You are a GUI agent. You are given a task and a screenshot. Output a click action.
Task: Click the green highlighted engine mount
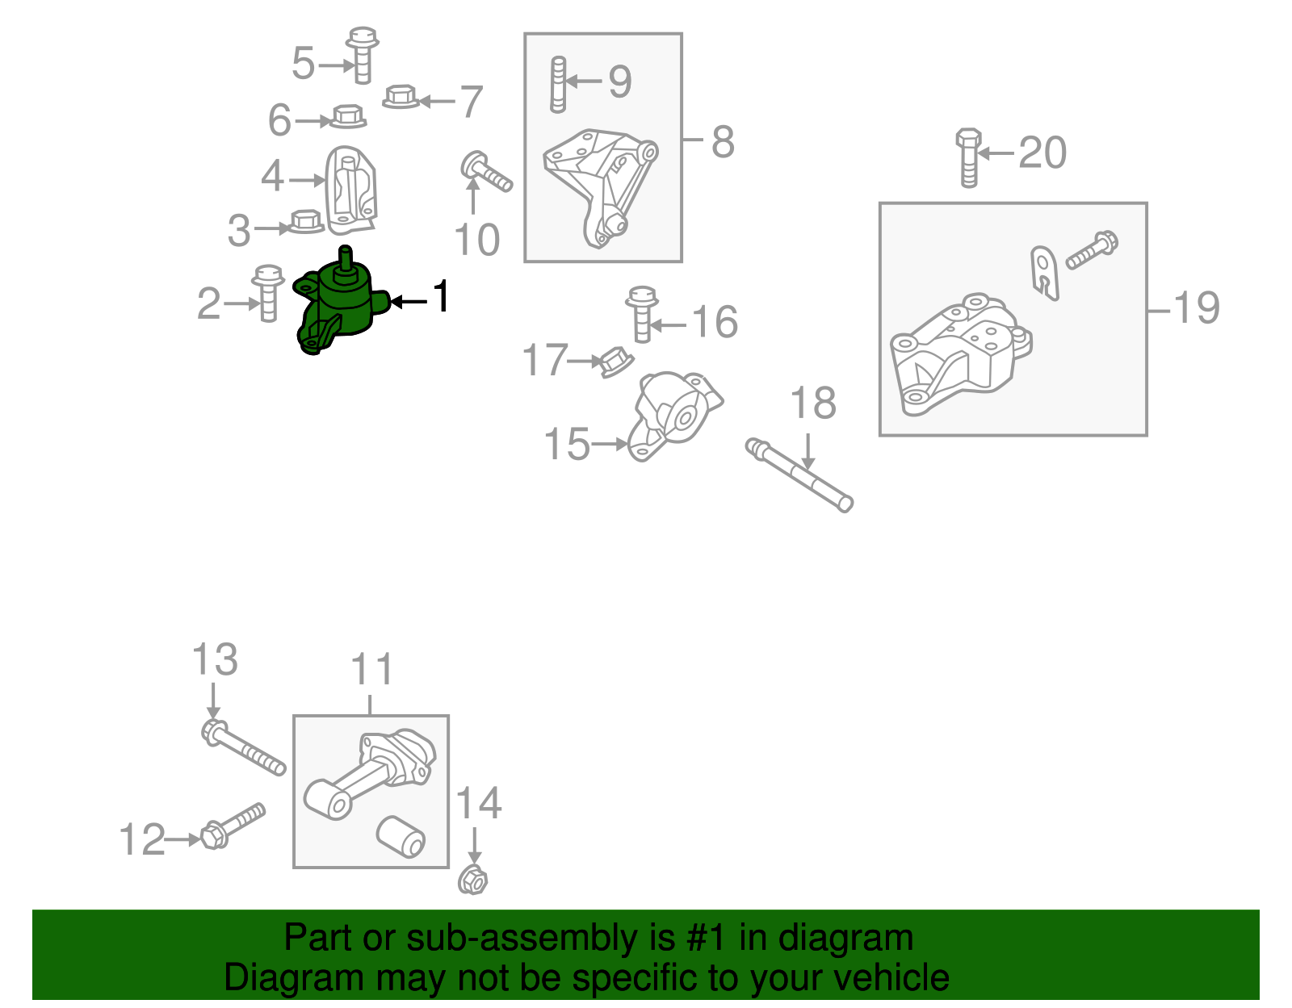[x=339, y=303]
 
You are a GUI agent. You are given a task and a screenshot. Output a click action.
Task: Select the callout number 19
[x=1197, y=307]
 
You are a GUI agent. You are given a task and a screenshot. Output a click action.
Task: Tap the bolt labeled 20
[x=968, y=157]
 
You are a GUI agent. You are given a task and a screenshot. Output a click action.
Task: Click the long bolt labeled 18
[x=799, y=475]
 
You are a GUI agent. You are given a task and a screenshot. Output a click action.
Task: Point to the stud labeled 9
[x=558, y=85]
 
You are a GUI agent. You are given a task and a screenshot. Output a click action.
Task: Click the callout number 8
[x=723, y=143]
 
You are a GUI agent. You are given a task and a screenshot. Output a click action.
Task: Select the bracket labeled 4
[x=350, y=190]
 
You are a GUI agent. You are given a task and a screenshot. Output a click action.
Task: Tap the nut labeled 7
[x=401, y=97]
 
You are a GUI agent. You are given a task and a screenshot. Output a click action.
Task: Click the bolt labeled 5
[x=362, y=55]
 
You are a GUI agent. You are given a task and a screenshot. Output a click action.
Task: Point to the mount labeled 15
[x=675, y=416]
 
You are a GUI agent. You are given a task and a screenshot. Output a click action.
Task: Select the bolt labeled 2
[x=267, y=294]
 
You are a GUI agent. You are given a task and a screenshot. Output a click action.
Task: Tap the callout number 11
[x=371, y=669]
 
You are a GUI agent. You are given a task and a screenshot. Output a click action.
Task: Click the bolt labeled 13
[x=243, y=748]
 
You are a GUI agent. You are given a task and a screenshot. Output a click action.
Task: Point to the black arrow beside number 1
[x=409, y=302]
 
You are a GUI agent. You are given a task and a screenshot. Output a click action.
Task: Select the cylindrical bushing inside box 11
[x=401, y=837]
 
